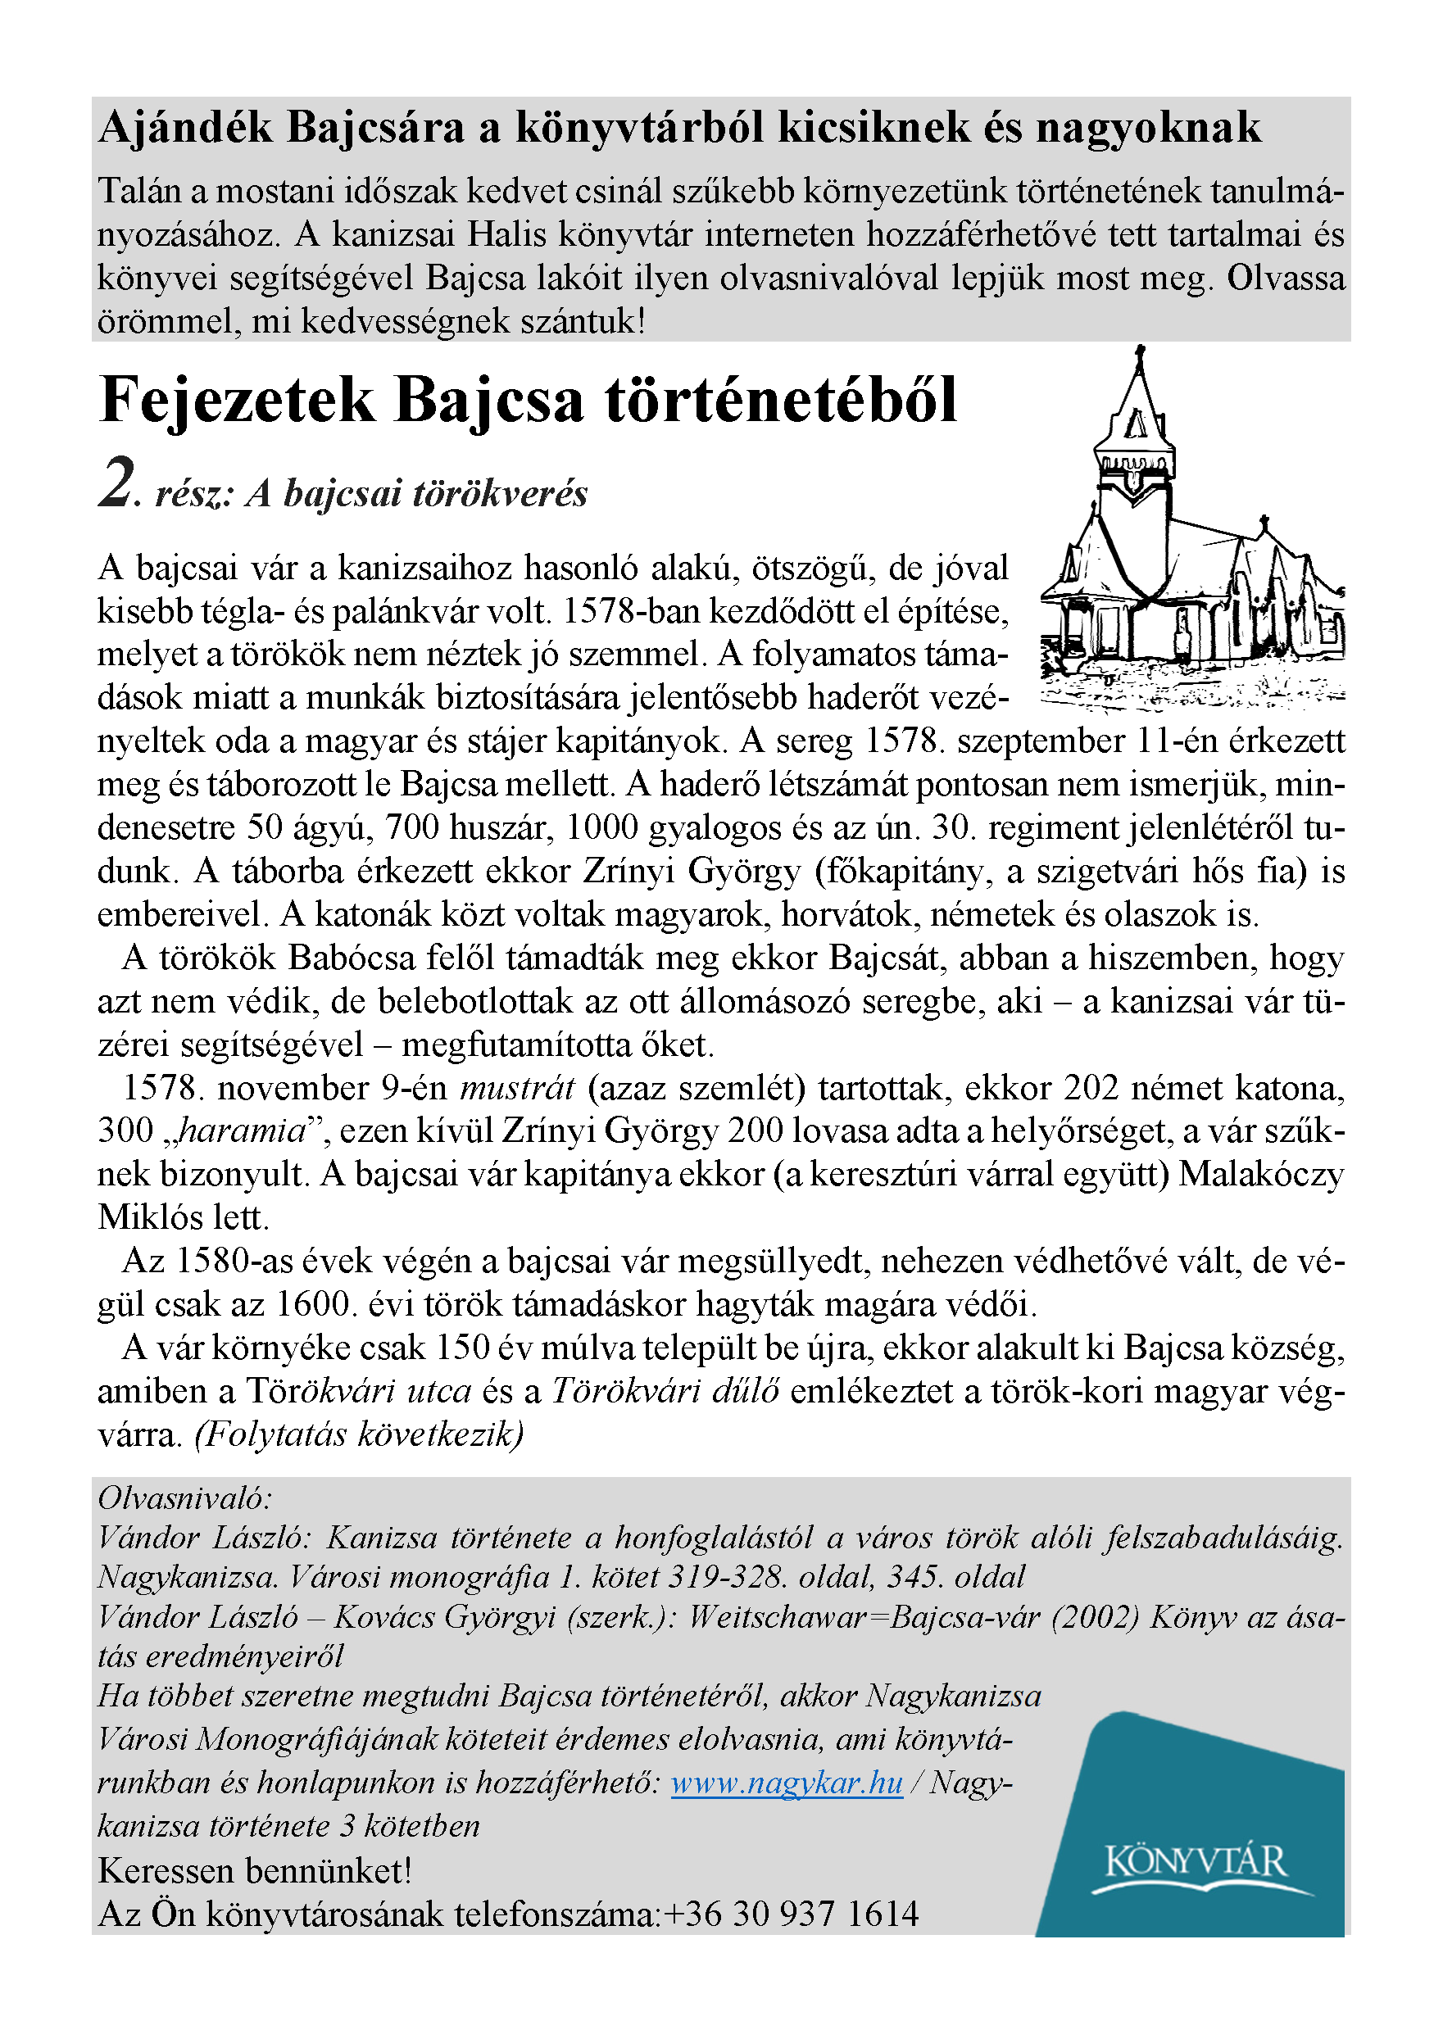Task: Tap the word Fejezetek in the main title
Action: click(x=238, y=400)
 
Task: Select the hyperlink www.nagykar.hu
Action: click(x=787, y=1783)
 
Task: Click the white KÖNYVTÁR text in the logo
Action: click(x=1196, y=1862)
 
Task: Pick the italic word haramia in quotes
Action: click(x=242, y=1131)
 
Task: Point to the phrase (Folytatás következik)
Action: click(x=359, y=1434)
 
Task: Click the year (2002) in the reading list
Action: click(x=1095, y=1617)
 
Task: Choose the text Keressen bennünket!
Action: click(x=255, y=1871)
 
